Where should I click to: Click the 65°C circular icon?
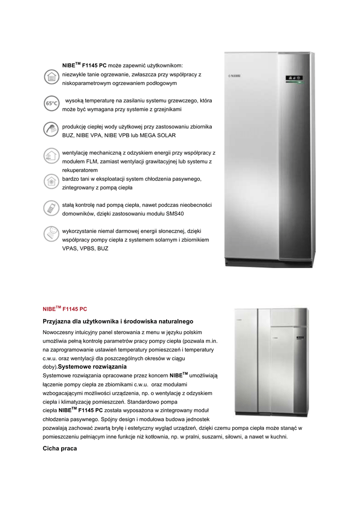point(50,104)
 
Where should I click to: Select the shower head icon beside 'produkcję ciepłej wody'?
point(50,128)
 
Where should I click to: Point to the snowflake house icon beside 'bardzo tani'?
point(50,180)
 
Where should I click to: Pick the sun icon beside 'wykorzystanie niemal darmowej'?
point(50,233)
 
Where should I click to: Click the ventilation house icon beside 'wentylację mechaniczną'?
point(50,155)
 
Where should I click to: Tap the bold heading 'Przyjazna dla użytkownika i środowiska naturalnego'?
point(118,322)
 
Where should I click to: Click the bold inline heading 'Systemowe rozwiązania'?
point(90,366)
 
